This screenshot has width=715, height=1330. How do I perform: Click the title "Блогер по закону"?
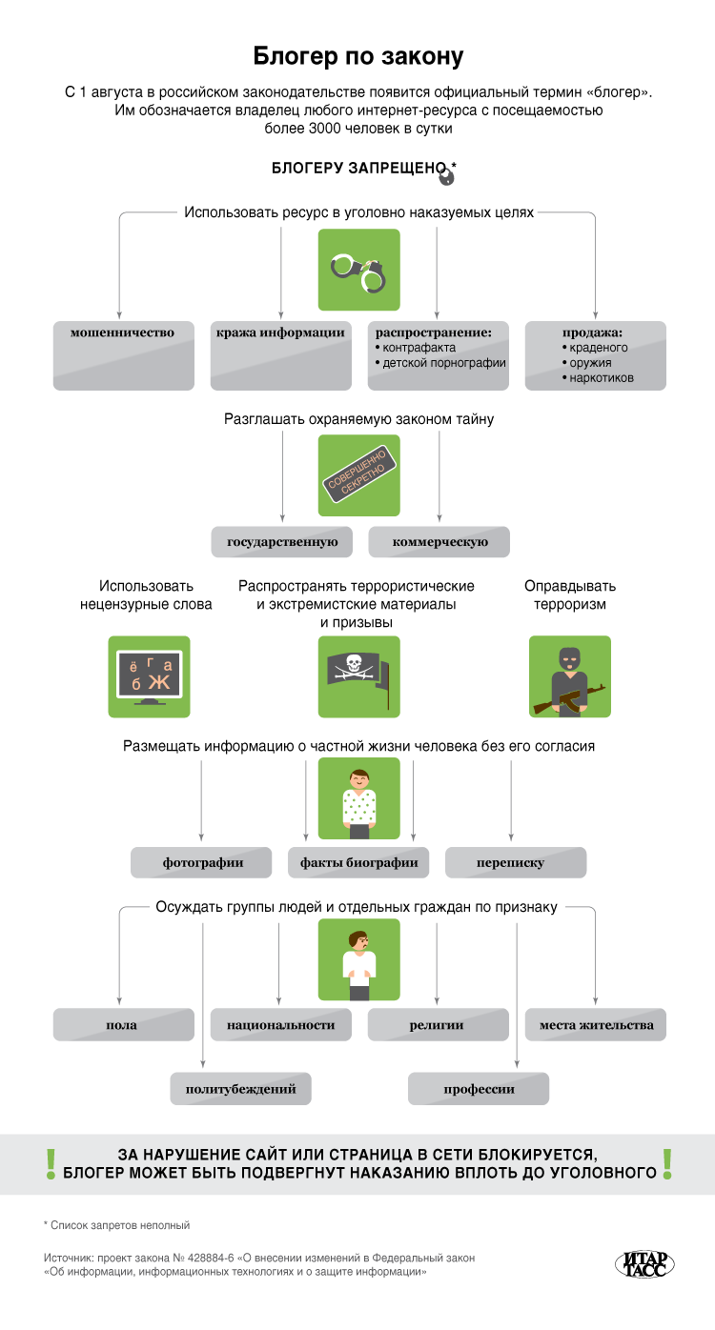(x=357, y=56)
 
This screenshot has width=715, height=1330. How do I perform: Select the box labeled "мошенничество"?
(x=123, y=354)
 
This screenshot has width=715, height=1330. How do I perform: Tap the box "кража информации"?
(x=280, y=354)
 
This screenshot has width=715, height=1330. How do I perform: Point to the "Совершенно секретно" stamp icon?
(x=357, y=476)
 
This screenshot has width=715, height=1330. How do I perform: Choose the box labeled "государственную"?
(x=282, y=542)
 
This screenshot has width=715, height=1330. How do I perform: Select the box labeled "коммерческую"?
(x=439, y=542)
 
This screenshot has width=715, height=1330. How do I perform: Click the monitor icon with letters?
(x=149, y=676)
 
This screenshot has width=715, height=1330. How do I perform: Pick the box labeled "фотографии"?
(x=202, y=862)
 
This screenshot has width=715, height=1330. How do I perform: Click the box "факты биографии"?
(x=358, y=862)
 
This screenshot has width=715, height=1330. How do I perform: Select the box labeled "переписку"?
(x=515, y=862)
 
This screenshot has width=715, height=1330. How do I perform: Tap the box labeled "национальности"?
(x=280, y=1025)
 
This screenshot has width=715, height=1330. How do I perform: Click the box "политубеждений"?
(x=240, y=1088)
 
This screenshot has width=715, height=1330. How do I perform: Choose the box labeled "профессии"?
(x=479, y=1088)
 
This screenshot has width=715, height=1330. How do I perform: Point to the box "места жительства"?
(x=596, y=1025)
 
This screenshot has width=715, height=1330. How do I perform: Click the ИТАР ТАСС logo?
(x=643, y=1262)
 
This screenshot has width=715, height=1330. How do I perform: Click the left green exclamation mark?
(x=51, y=1164)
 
